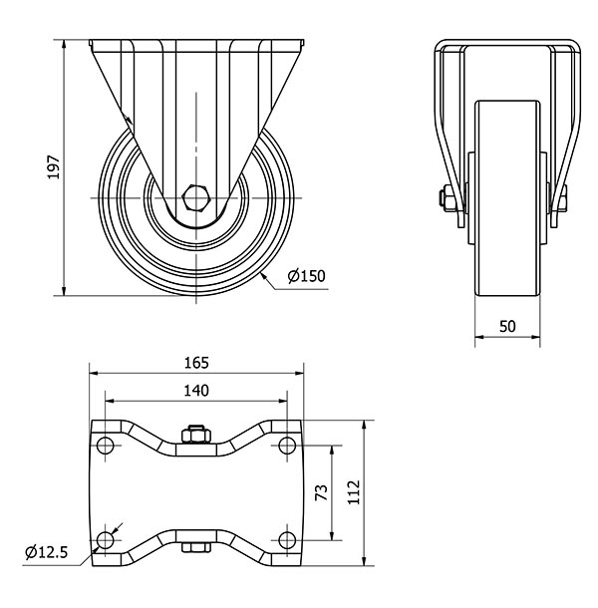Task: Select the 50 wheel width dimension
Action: (506, 327)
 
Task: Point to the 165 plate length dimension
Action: (196, 364)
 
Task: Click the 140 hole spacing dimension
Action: (196, 392)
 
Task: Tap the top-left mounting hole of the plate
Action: (105, 445)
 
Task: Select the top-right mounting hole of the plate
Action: (288, 445)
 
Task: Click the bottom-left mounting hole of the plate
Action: (105, 539)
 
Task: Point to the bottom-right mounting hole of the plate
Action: (288, 539)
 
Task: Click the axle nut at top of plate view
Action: (196, 434)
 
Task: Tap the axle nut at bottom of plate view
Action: (196, 549)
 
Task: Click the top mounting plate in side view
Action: (195, 45)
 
